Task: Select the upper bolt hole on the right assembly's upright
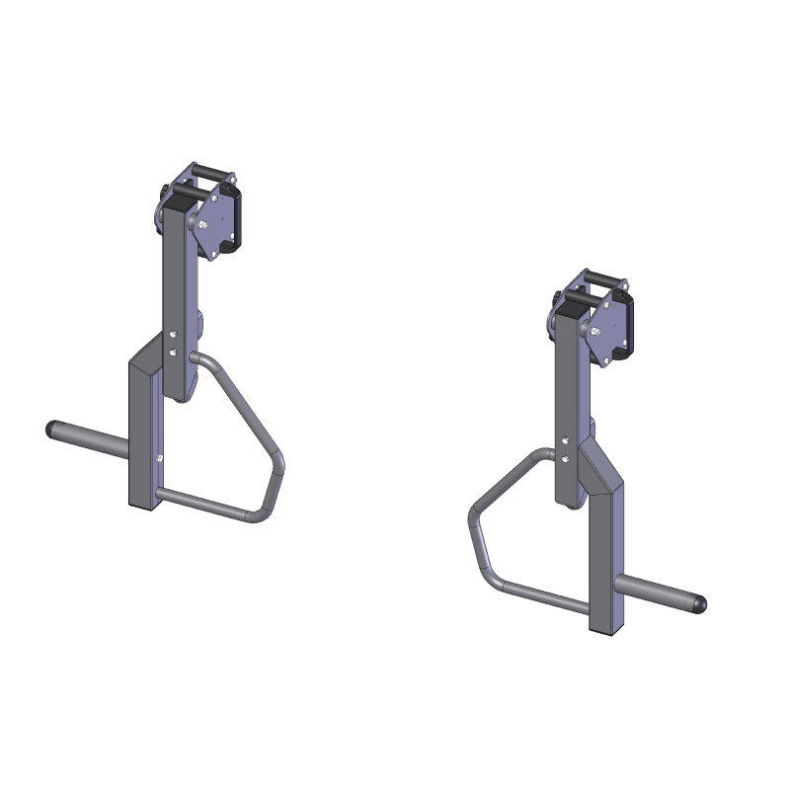click(564, 442)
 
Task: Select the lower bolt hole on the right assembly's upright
click(564, 458)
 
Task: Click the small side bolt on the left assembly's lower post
click(159, 458)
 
